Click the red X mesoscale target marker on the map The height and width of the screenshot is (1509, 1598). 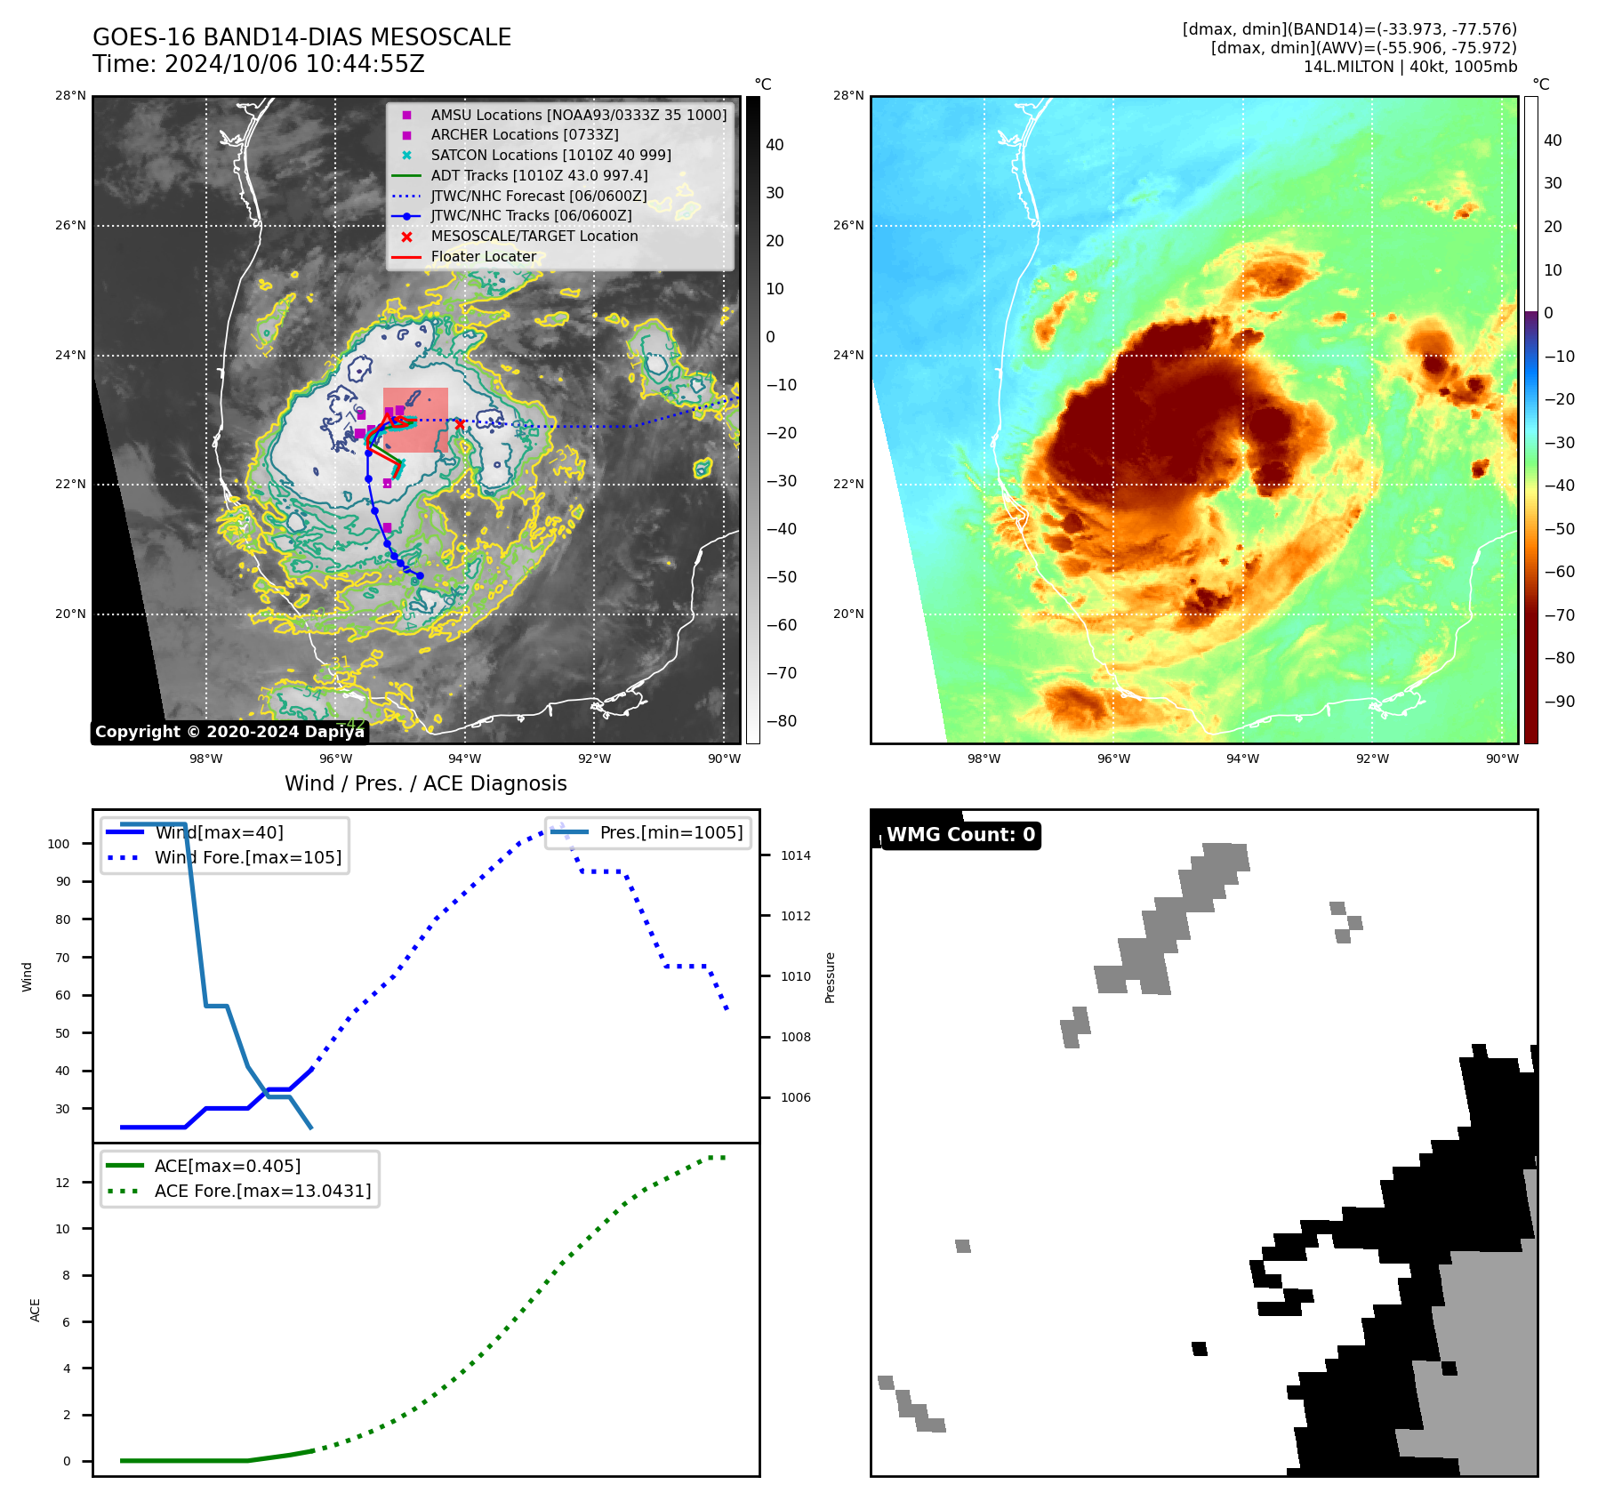tap(459, 425)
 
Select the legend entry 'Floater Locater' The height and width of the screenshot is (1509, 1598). tap(483, 257)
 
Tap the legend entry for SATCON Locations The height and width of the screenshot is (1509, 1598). tap(550, 156)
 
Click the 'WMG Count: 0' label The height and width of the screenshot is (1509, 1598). tap(960, 835)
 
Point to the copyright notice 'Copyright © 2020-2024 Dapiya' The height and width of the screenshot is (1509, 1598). tap(229, 732)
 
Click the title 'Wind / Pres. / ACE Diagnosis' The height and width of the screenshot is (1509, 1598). tap(425, 783)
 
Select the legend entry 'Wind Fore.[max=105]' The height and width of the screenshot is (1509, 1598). tap(247, 858)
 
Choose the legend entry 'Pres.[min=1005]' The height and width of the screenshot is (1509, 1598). tap(671, 833)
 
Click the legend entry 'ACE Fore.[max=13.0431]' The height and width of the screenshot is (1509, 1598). tap(262, 1191)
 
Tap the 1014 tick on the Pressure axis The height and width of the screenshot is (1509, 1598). tap(796, 856)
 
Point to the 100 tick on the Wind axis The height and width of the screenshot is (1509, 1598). tap(59, 844)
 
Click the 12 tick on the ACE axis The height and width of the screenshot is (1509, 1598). tap(62, 1183)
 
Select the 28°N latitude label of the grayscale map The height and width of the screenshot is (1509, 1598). tap(70, 96)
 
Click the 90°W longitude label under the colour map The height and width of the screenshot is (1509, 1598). tap(1502, 759)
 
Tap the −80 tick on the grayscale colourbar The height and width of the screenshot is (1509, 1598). tap(782, 721)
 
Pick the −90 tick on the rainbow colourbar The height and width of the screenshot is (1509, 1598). tap(1559, 702)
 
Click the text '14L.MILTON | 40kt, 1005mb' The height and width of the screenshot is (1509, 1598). tap(1409, 67)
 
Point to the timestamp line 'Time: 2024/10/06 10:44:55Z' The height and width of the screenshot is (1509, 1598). tap(258, 65)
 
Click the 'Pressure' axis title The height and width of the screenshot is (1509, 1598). tap(831, 977)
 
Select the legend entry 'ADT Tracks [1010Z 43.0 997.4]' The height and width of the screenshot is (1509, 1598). tap(539, 176)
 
